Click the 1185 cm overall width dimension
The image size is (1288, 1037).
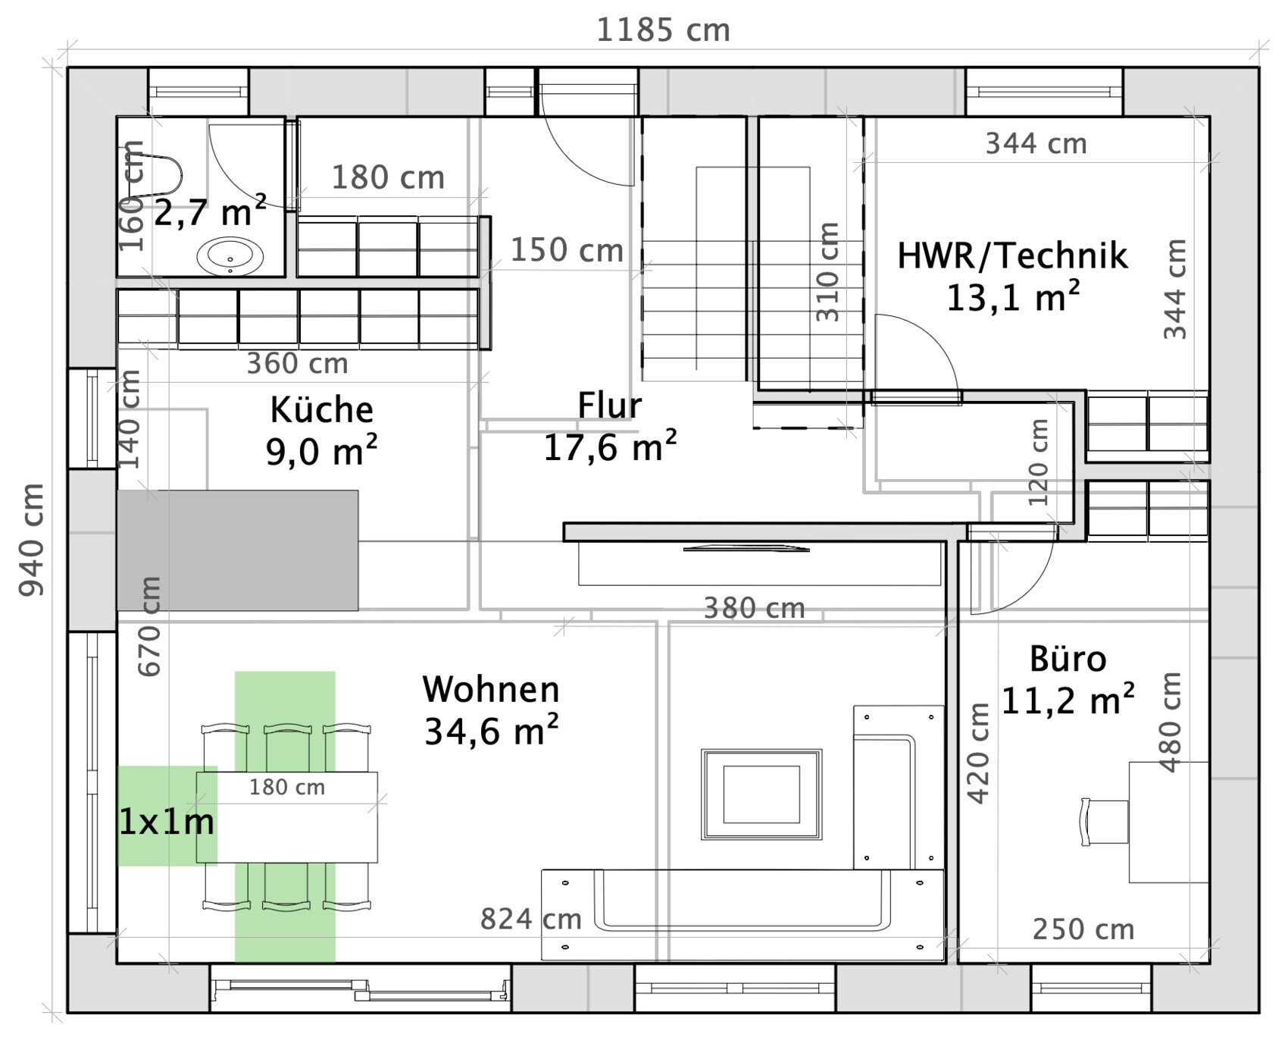click(x=663, y=31)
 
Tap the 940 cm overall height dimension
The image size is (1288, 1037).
click(x=32, y=539)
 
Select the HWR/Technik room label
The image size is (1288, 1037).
click(x=1012, y=255)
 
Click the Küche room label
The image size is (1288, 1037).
click(x=321, y=410)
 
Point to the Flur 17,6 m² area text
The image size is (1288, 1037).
click(x=610, y=448)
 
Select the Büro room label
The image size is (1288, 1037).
click(x=1068, y=659)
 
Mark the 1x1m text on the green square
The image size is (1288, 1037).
click(x=167, y=822)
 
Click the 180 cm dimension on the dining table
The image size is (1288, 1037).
click(x=287, y=788)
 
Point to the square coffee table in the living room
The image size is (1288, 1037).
click(x=761, y=794)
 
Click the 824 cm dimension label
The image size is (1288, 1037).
click(x=530, y=920)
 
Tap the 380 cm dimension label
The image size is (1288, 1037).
click(x=754, y=608)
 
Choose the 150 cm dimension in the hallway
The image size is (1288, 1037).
click(x=566, y=250)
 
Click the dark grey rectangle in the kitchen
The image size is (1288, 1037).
click(x=237, y=550)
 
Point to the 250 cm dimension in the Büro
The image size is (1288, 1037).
click(x=1083, y=929)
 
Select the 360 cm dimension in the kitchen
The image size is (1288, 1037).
click(x=297, y=364)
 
